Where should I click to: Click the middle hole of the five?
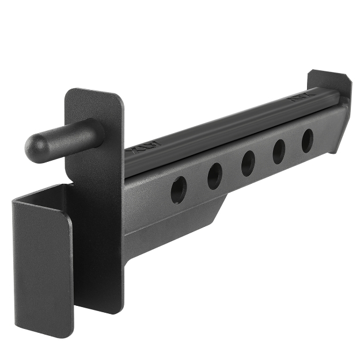tap(248, 163)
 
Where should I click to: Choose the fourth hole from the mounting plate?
tap(279, 151)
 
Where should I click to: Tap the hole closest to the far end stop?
tap(308, 141)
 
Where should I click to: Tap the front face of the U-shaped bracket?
tap(43, 265)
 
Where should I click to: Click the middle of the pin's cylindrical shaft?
tap(69, 135)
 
